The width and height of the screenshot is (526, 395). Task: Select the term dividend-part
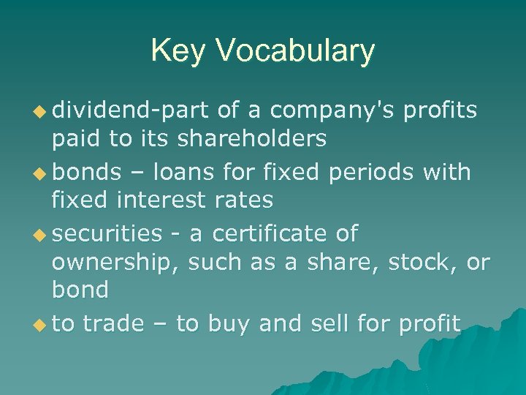(x=134, y=110)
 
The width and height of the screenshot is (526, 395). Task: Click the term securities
(x=107, y=233)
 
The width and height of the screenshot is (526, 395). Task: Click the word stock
(x=422, y=261)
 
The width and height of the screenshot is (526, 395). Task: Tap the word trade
(x=114, y=323)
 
